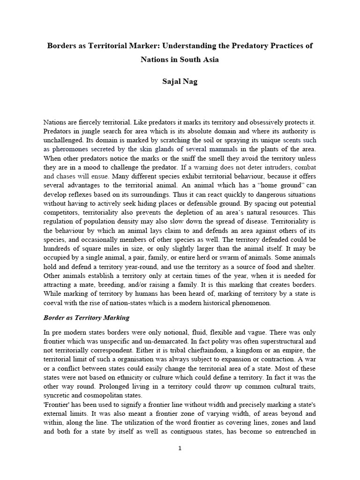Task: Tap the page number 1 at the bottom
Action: tap(180, 448)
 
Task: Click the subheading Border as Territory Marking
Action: tap(86, 317)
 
